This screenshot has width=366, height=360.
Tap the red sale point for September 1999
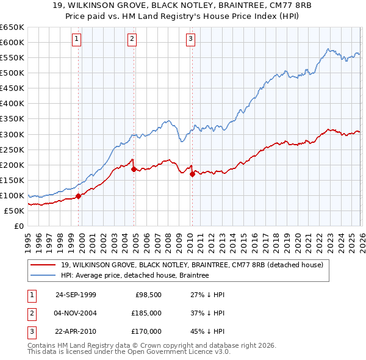point(79,196)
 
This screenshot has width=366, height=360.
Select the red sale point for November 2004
point(134,169)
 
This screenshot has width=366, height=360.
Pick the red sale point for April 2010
point(192,174)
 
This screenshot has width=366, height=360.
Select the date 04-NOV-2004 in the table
point(76,313)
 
